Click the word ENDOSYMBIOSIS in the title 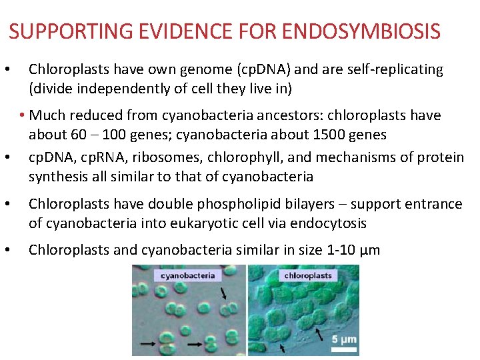coord(361,31)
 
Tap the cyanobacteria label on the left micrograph coord(187,275)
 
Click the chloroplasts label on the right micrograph coord(308,275)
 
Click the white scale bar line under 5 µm coord(343,349)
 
